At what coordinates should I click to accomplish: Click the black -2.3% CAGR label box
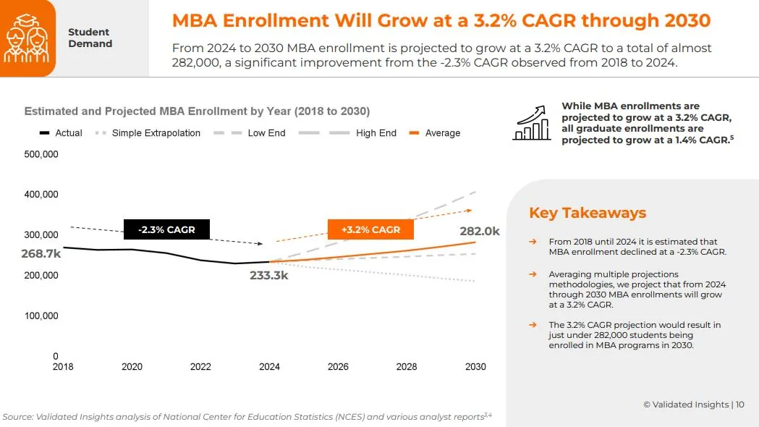click(x=166, y=230)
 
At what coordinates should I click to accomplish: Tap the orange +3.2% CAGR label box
click(x=370, y=229)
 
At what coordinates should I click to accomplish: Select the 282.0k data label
click(x=479, y=232)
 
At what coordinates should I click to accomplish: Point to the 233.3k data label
click(x=269, y=276)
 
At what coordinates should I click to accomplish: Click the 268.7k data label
click(x=42, y=253)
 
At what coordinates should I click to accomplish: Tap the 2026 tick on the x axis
click(x=338, y=367)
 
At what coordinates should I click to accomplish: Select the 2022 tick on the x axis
click(x=200, y=367)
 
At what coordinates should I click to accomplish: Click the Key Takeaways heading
click(x=588, y=213)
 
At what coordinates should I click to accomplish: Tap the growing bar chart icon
click(x=532, y=122)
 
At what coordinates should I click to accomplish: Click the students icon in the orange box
click(x=27, y=38)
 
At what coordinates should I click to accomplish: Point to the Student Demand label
click(x=90, y=38)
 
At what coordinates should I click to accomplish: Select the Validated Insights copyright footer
click(x=693, y=405)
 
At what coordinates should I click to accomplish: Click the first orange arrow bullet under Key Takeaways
click(x=533, y=242)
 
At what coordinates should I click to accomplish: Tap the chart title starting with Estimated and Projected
click(x=197, y=111)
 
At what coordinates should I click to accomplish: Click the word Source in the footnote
click(x=18, y=417)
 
